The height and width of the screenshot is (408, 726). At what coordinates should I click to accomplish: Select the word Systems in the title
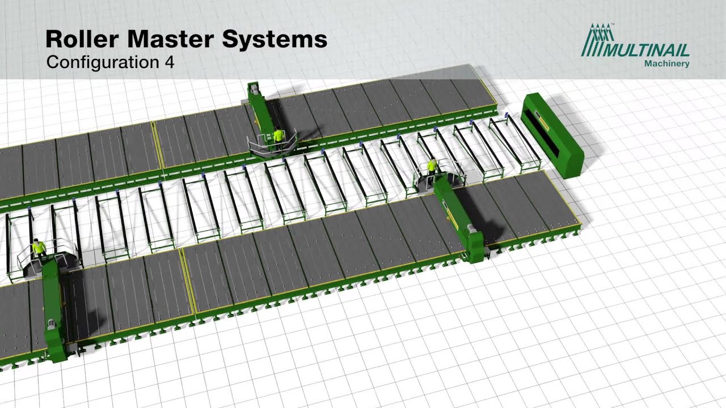click(275, 40)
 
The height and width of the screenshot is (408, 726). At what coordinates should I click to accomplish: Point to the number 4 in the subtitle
click(170, 62)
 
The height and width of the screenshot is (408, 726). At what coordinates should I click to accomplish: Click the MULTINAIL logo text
click(645, 50)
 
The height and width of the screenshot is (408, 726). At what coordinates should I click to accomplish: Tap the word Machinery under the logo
click(666, 64)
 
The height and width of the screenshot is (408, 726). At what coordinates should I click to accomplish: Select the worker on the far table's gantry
click(278, 138)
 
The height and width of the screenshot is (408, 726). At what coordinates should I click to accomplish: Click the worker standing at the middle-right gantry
click(432, 168)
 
